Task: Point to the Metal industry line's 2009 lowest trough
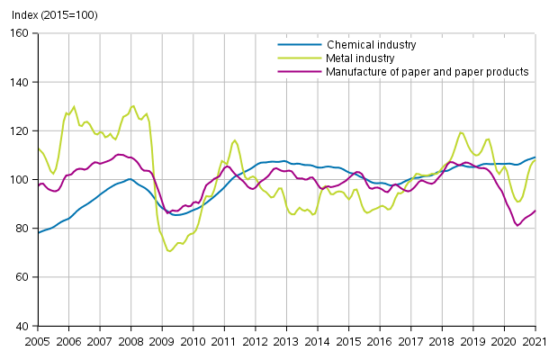pos(169,251)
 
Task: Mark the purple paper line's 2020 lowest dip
pos(517,225)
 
